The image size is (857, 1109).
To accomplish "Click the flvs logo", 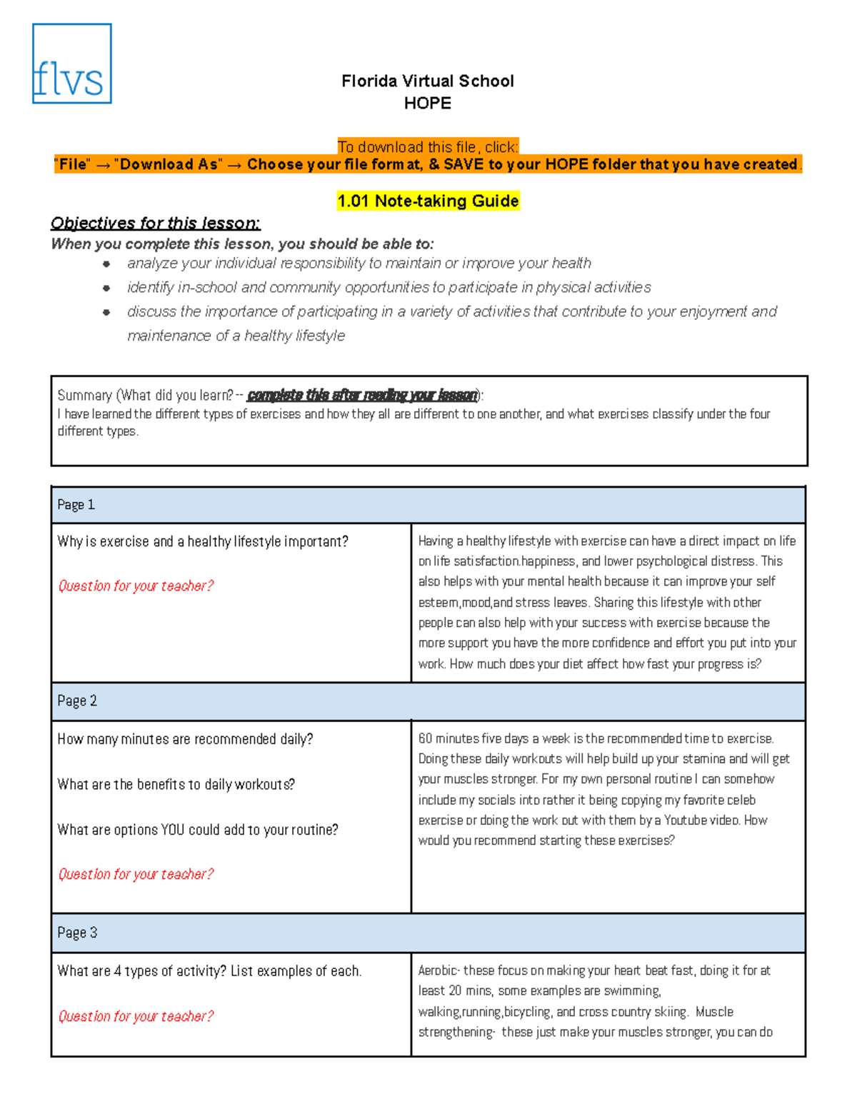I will coord(71,64).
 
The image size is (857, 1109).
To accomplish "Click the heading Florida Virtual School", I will coord(427,81).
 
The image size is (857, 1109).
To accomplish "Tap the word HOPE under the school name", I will coord(427,104).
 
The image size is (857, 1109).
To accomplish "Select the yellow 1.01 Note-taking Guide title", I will coord(428,201).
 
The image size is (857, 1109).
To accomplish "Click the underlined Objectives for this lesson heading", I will coord(155,224).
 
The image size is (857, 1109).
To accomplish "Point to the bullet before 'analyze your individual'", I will coord(106,264).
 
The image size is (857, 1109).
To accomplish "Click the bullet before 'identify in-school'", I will coord(106,288).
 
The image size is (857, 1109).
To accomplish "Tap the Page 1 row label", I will coord(76,505).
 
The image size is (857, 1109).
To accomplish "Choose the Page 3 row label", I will coord(76,933).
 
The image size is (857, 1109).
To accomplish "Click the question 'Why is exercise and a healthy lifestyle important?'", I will coord(203,541).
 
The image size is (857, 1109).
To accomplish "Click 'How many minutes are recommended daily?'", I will coord(185,739).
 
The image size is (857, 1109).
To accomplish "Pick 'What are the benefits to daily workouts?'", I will coord(176,784).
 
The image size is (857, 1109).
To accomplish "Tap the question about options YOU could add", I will coord(198,830).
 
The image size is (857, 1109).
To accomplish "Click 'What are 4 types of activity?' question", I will coord(209,971).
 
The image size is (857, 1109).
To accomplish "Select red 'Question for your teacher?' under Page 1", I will coord(136,586).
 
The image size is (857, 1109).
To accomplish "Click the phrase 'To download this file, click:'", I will coord(428,147).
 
